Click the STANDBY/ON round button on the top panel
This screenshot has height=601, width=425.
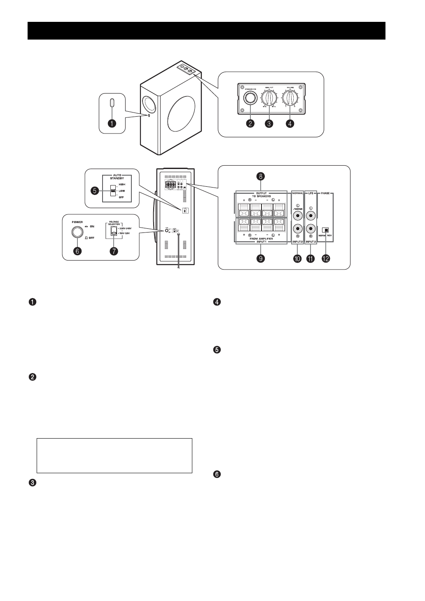250,98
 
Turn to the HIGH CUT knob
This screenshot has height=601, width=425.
270,99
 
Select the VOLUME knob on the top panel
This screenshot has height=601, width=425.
291,99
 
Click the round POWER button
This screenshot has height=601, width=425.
76,232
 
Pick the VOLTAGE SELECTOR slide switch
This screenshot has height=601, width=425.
113,232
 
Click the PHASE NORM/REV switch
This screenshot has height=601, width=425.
326,230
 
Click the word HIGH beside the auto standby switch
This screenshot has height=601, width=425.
122,184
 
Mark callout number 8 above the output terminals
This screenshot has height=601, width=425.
260,176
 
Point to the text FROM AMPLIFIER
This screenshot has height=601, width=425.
260,239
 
